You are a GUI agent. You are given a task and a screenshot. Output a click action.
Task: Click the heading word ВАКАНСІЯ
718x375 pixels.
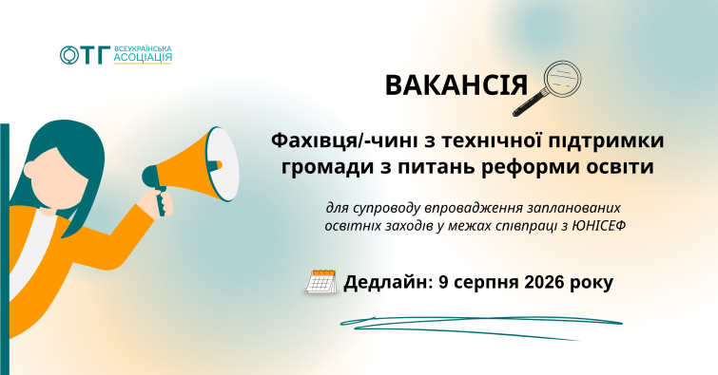(x=456, y=85)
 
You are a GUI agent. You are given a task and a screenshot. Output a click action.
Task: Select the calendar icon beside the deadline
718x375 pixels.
(x=320, y=281)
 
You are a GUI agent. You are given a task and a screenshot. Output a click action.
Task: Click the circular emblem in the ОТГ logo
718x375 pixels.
(x=69, y=55)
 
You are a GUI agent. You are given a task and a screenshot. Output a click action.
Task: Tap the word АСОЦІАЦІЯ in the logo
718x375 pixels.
(x=143, y=57)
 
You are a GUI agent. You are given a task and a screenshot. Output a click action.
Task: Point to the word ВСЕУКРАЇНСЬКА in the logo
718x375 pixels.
(x=143, y=48)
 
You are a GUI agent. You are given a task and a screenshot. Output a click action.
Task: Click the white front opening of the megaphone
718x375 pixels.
(x=222, y=163)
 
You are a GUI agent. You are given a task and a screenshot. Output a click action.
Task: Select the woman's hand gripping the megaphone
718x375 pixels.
(x=158, y=202)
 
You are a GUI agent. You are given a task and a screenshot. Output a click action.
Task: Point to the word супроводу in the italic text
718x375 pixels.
(x=386, y=209)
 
